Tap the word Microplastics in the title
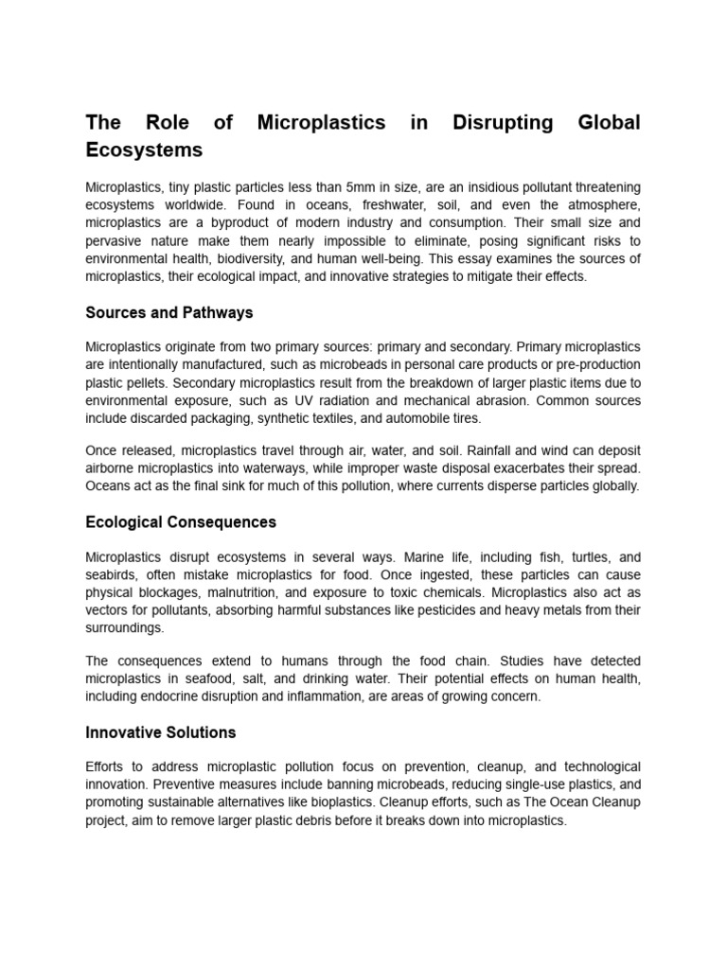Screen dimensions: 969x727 pos(321,123)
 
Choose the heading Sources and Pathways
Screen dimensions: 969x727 pos(169,312)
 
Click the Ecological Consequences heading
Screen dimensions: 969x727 pos(181,521)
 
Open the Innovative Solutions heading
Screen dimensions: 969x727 pos(161,732)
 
